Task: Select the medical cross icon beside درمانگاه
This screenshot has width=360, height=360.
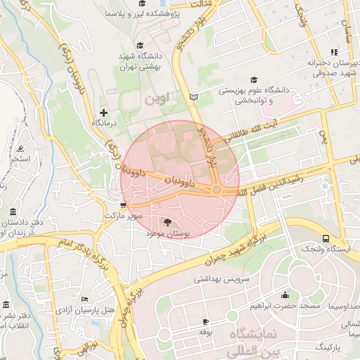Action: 104,112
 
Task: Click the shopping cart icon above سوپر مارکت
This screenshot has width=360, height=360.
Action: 124,206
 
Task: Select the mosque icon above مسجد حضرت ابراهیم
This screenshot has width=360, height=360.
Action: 284,295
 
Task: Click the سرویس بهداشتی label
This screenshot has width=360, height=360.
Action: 223,278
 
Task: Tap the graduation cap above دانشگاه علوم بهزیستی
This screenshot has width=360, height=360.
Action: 254,80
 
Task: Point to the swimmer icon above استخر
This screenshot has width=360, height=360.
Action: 20,148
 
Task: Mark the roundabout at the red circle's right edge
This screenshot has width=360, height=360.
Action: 218,190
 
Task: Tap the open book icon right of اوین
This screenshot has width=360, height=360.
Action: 194,96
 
